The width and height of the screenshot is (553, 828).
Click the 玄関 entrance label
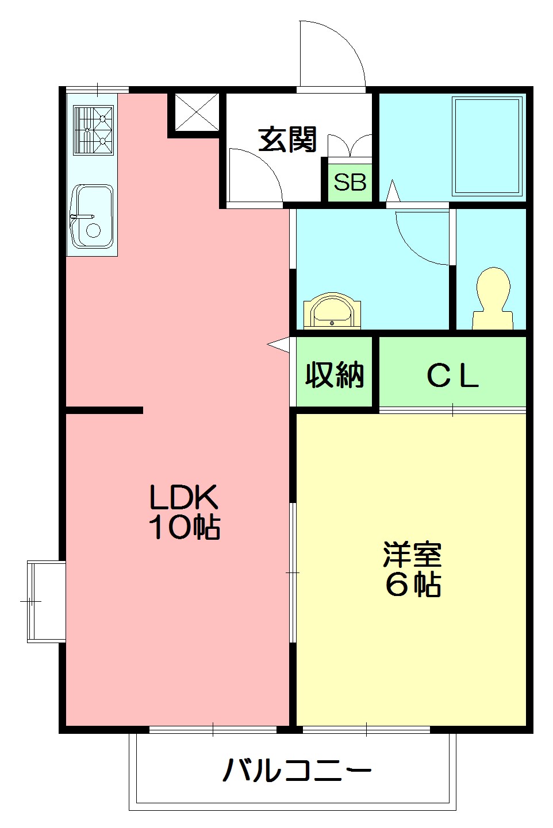287,140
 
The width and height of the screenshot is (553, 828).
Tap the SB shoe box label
350,181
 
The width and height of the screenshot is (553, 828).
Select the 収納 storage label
334,374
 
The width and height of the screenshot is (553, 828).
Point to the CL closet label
452,377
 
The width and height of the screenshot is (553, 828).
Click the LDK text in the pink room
183,497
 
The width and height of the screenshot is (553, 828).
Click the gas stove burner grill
93,130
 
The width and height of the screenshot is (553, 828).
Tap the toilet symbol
493,298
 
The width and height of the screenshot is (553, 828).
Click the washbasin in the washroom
332,311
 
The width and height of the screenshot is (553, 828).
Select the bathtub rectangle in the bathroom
487,146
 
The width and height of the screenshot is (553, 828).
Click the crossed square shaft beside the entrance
197,111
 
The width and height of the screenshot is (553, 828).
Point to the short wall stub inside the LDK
105,410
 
